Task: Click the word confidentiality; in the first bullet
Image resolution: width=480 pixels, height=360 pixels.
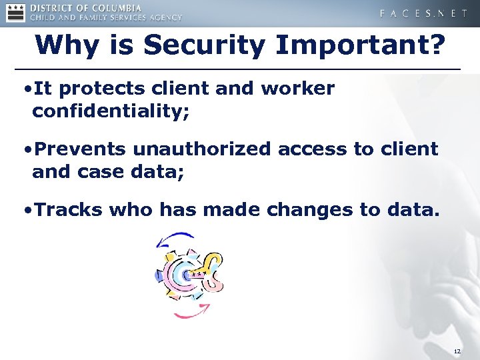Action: [x=111, y=111]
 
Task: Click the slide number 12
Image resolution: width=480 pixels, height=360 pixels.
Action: [x=457, y=351]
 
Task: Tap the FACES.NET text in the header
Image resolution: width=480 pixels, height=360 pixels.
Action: [x=423, y=13]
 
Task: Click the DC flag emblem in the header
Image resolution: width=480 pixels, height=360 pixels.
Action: [x=16, y=13]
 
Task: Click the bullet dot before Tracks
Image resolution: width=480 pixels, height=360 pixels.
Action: [x=27, y=211]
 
